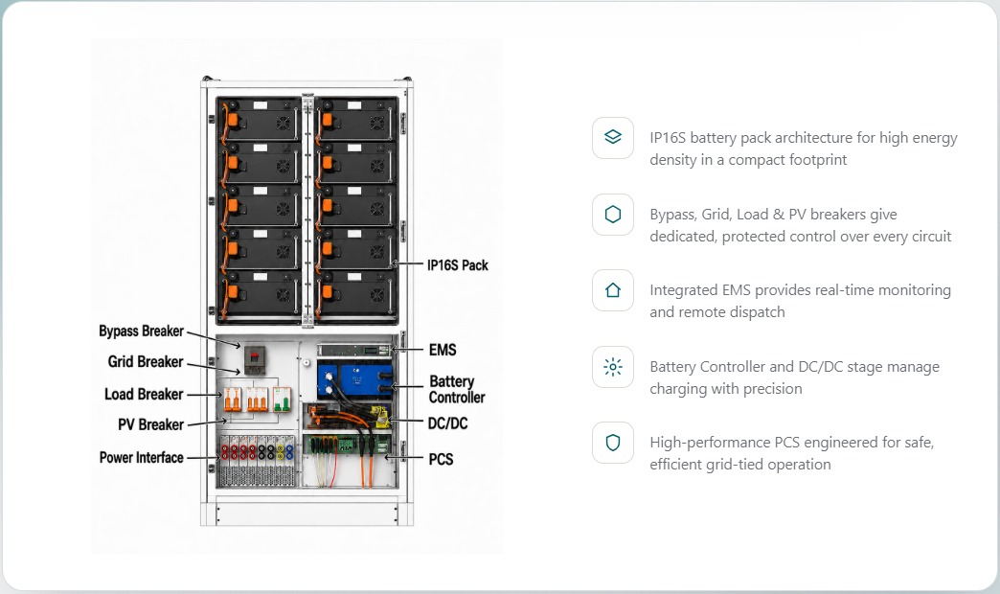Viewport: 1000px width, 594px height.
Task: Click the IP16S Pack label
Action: pyautogui.click(x=457, y=264)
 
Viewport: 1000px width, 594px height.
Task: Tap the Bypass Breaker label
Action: pyautogui.click(x=141, y=331)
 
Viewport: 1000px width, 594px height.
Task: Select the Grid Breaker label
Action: pyautogui.click(x=146, y=362)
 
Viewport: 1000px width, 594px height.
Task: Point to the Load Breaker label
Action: pyautogui.click(x=144, y=395)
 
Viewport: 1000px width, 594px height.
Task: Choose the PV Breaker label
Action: pyautogui.click(x=150, y=424)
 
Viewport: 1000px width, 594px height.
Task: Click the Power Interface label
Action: pyautogui.click(x=141, y=457)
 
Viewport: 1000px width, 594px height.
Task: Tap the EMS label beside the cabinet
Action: pyautogui.click(x=443, y=350)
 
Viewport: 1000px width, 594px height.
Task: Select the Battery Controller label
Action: pyautogui.click(x=457, y=389)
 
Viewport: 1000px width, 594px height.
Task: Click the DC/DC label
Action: pyautogui.click(x=447, y=423)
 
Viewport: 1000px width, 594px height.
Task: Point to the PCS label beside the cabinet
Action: pyautogui.click(x=441, y=459)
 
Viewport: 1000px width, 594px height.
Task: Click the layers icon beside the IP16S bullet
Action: pyautogui.click(x=613, y=137)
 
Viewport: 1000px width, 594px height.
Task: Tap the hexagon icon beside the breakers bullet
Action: pyautogui.click(x=613, y=215)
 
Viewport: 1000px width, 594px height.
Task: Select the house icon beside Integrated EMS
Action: pyautogui.click(x=613, y=290)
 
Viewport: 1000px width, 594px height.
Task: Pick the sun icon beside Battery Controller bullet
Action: pyautogui.click(x=613, y=367)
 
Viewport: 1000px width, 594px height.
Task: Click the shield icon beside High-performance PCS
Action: pyautogui.click(x=613, y=443)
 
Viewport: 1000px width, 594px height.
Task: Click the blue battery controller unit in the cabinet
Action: pyautogui.click(x=355, y=380)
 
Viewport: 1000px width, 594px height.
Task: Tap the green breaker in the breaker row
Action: pyautogui.click(x=282, y=400)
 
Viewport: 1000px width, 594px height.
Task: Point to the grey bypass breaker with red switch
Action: pyautogui.click(x=255, y=360)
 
